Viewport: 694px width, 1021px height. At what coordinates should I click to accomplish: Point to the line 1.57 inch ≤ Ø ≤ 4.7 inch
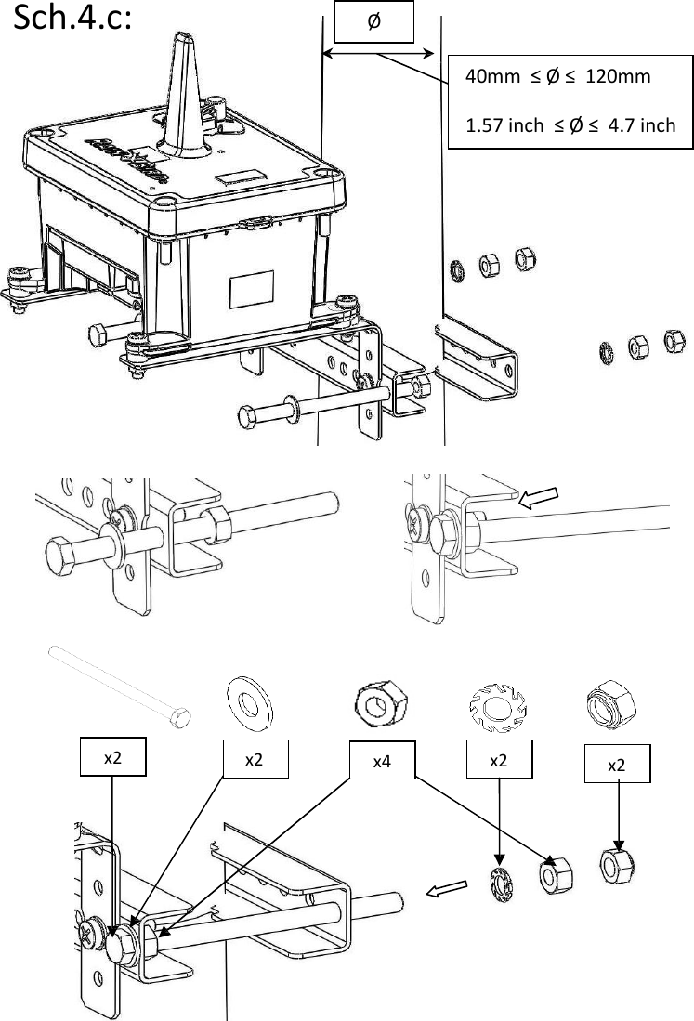coord(570,125)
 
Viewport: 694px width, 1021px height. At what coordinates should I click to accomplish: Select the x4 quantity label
coord(381,761)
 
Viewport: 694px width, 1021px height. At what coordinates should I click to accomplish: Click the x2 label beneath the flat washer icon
coord(254,759)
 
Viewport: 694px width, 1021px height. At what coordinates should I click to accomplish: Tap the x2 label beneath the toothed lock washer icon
coord(500,759)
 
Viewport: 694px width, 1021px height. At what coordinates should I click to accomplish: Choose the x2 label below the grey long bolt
coord(113,758)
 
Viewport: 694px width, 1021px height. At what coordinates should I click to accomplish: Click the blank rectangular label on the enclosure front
coord(251,290)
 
